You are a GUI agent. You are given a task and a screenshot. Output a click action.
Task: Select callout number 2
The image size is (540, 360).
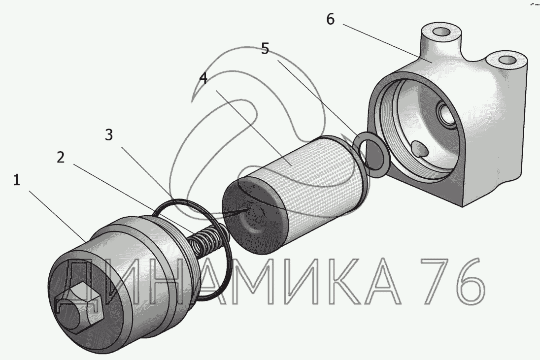(x=60, y=158)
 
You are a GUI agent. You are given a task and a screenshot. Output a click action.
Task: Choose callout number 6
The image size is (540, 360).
(x=330, y=20)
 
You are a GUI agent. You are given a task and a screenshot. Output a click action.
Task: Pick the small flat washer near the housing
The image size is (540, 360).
(x=373, y=155)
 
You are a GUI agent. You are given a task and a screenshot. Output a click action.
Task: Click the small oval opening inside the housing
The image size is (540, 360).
(x=420, y=148)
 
